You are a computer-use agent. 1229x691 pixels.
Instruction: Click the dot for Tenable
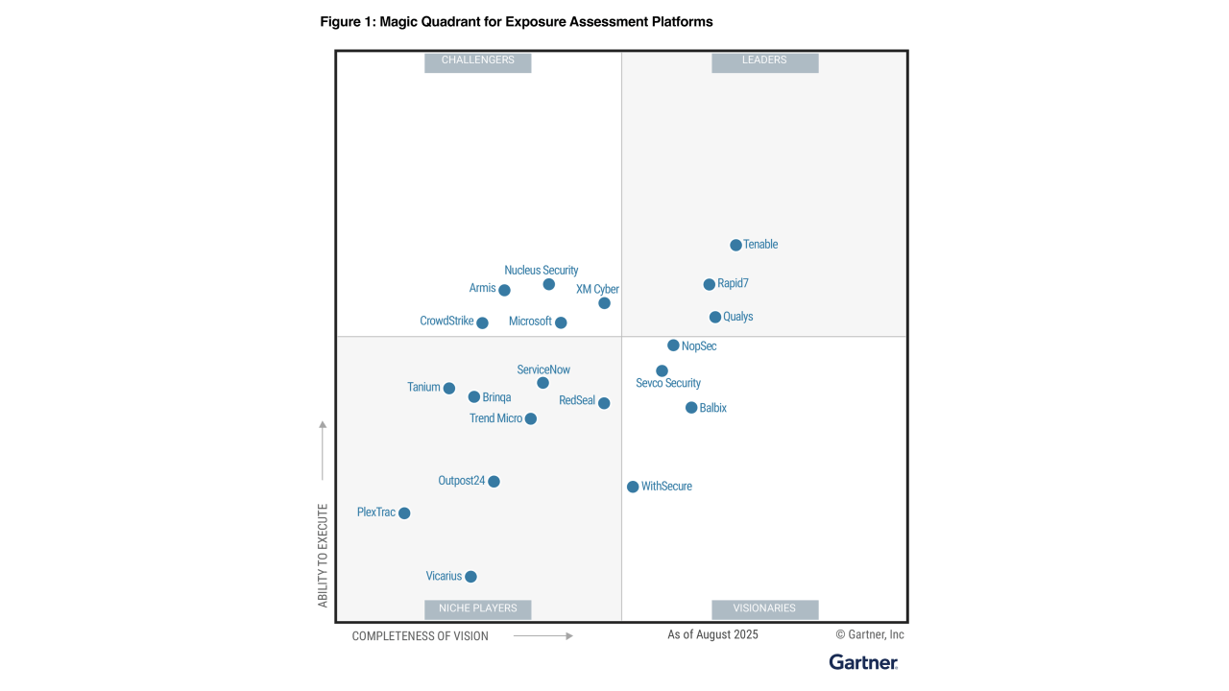735,245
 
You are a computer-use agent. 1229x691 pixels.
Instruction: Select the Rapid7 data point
709,284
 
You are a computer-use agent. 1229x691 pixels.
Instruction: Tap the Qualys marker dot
714,317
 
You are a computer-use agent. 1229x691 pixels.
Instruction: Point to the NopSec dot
673,345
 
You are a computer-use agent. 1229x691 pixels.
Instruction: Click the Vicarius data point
470,577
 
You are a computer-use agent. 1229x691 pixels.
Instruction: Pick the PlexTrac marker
404,513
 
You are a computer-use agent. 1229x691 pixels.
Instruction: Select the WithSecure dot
633,487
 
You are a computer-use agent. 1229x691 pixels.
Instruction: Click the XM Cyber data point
604,303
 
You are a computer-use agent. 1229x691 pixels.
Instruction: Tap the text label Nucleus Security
542,271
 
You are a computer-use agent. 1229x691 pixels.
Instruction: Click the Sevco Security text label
668,383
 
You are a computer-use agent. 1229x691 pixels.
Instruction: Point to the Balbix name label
713,408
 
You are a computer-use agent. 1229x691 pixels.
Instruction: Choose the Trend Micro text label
495,418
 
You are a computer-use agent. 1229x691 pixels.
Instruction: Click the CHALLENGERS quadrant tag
477,60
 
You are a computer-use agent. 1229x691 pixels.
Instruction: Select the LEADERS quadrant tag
764,60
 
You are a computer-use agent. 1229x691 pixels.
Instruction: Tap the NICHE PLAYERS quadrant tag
477,608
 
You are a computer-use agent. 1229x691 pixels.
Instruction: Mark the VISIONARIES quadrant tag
764,608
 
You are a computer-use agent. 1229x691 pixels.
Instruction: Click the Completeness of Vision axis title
420,636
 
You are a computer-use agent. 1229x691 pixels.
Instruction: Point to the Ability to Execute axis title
323,555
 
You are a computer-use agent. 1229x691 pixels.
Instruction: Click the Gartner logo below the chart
863,662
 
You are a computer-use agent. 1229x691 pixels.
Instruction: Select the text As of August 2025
712,634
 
